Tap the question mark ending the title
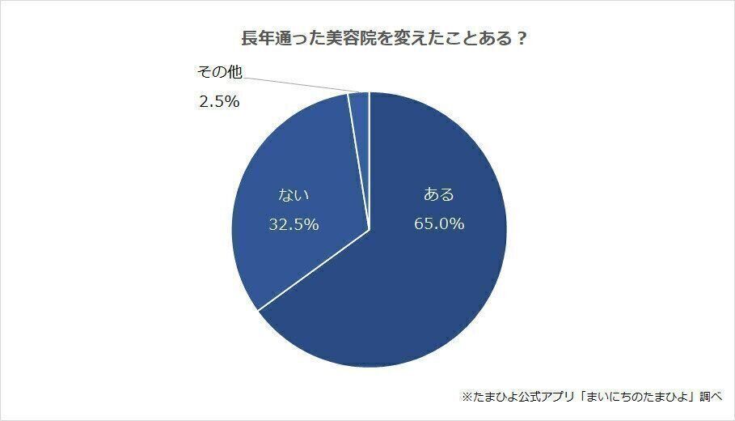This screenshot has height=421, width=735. click(x=522, y=39)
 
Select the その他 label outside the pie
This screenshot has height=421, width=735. click(x=219, y=74)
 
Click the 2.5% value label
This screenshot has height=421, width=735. click(x=218, y=103)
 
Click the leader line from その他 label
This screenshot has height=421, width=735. click(x=299, y=84)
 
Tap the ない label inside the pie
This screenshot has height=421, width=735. click(x=294, y=195)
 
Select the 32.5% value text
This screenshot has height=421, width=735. click(x=294, y=224)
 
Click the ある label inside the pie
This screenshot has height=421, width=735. click(x=439, y=195)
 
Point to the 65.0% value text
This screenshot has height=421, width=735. click(x=439, y=224)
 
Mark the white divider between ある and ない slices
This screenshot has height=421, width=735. click(x=314, y=270)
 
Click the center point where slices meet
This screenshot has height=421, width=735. click(x=370, y=229)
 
